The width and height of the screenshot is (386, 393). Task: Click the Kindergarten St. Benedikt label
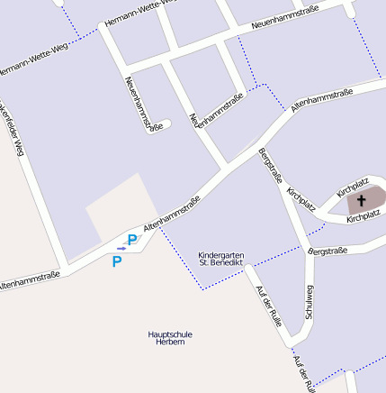click(220, 259)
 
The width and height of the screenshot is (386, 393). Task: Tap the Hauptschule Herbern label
click(169, 338)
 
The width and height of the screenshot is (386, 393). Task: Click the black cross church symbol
click(362, 200)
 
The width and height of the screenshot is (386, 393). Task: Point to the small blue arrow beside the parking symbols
click(121, 248)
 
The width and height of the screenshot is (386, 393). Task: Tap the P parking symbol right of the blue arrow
click(132, 240)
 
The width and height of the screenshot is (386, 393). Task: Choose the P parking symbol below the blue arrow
click(116, 261)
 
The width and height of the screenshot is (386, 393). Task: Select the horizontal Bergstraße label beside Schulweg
click(328, 250)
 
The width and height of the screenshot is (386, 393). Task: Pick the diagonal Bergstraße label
click(269, 165)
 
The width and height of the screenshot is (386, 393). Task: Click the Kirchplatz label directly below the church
click(364, 217)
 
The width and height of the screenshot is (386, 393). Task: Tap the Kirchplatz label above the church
click(353, 187)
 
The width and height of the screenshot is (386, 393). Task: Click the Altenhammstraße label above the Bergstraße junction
click(320, 100)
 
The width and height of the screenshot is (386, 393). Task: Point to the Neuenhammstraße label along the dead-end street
click(144, 104)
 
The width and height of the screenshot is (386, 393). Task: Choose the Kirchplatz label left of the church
click(301, 199)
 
